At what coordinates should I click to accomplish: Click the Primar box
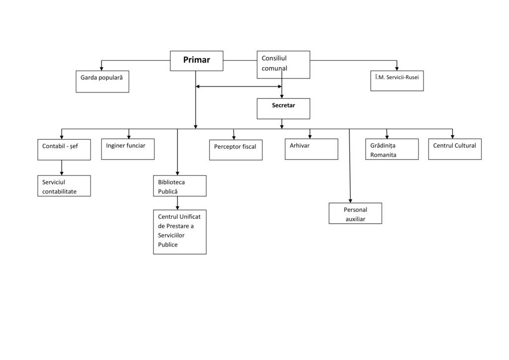[x=196, y=61]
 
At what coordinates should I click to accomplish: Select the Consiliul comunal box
[x=283, y=64]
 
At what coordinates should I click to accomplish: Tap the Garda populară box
[x=102, y=82]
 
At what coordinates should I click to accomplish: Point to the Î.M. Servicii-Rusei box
[x=397, y=81]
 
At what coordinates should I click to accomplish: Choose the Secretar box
[x=283, y=108]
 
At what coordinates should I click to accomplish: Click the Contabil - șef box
[x=64, y=149]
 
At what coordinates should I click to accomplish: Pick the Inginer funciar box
[x=128, y=149]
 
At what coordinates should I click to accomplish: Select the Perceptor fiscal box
[x=236, y=150]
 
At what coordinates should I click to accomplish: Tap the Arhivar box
[x=311, y=149]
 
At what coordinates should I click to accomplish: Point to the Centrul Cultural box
[x=455, y=149]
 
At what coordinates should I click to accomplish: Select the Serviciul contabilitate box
[x=64, y=186]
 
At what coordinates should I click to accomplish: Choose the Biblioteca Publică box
[x=179, y=186]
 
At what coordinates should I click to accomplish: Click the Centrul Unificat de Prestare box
[x=179, y=232]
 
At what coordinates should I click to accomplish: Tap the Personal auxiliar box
[x=355, y=213]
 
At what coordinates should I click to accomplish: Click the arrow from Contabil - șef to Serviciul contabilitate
[x=62, y=168]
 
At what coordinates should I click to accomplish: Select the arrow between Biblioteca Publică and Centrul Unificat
[x=177, y=202]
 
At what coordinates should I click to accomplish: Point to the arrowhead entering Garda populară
[x=102, y=68]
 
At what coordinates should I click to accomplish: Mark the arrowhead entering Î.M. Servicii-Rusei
[x=397, y=68]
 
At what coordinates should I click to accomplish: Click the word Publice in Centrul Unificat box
[x=168, y=245]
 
